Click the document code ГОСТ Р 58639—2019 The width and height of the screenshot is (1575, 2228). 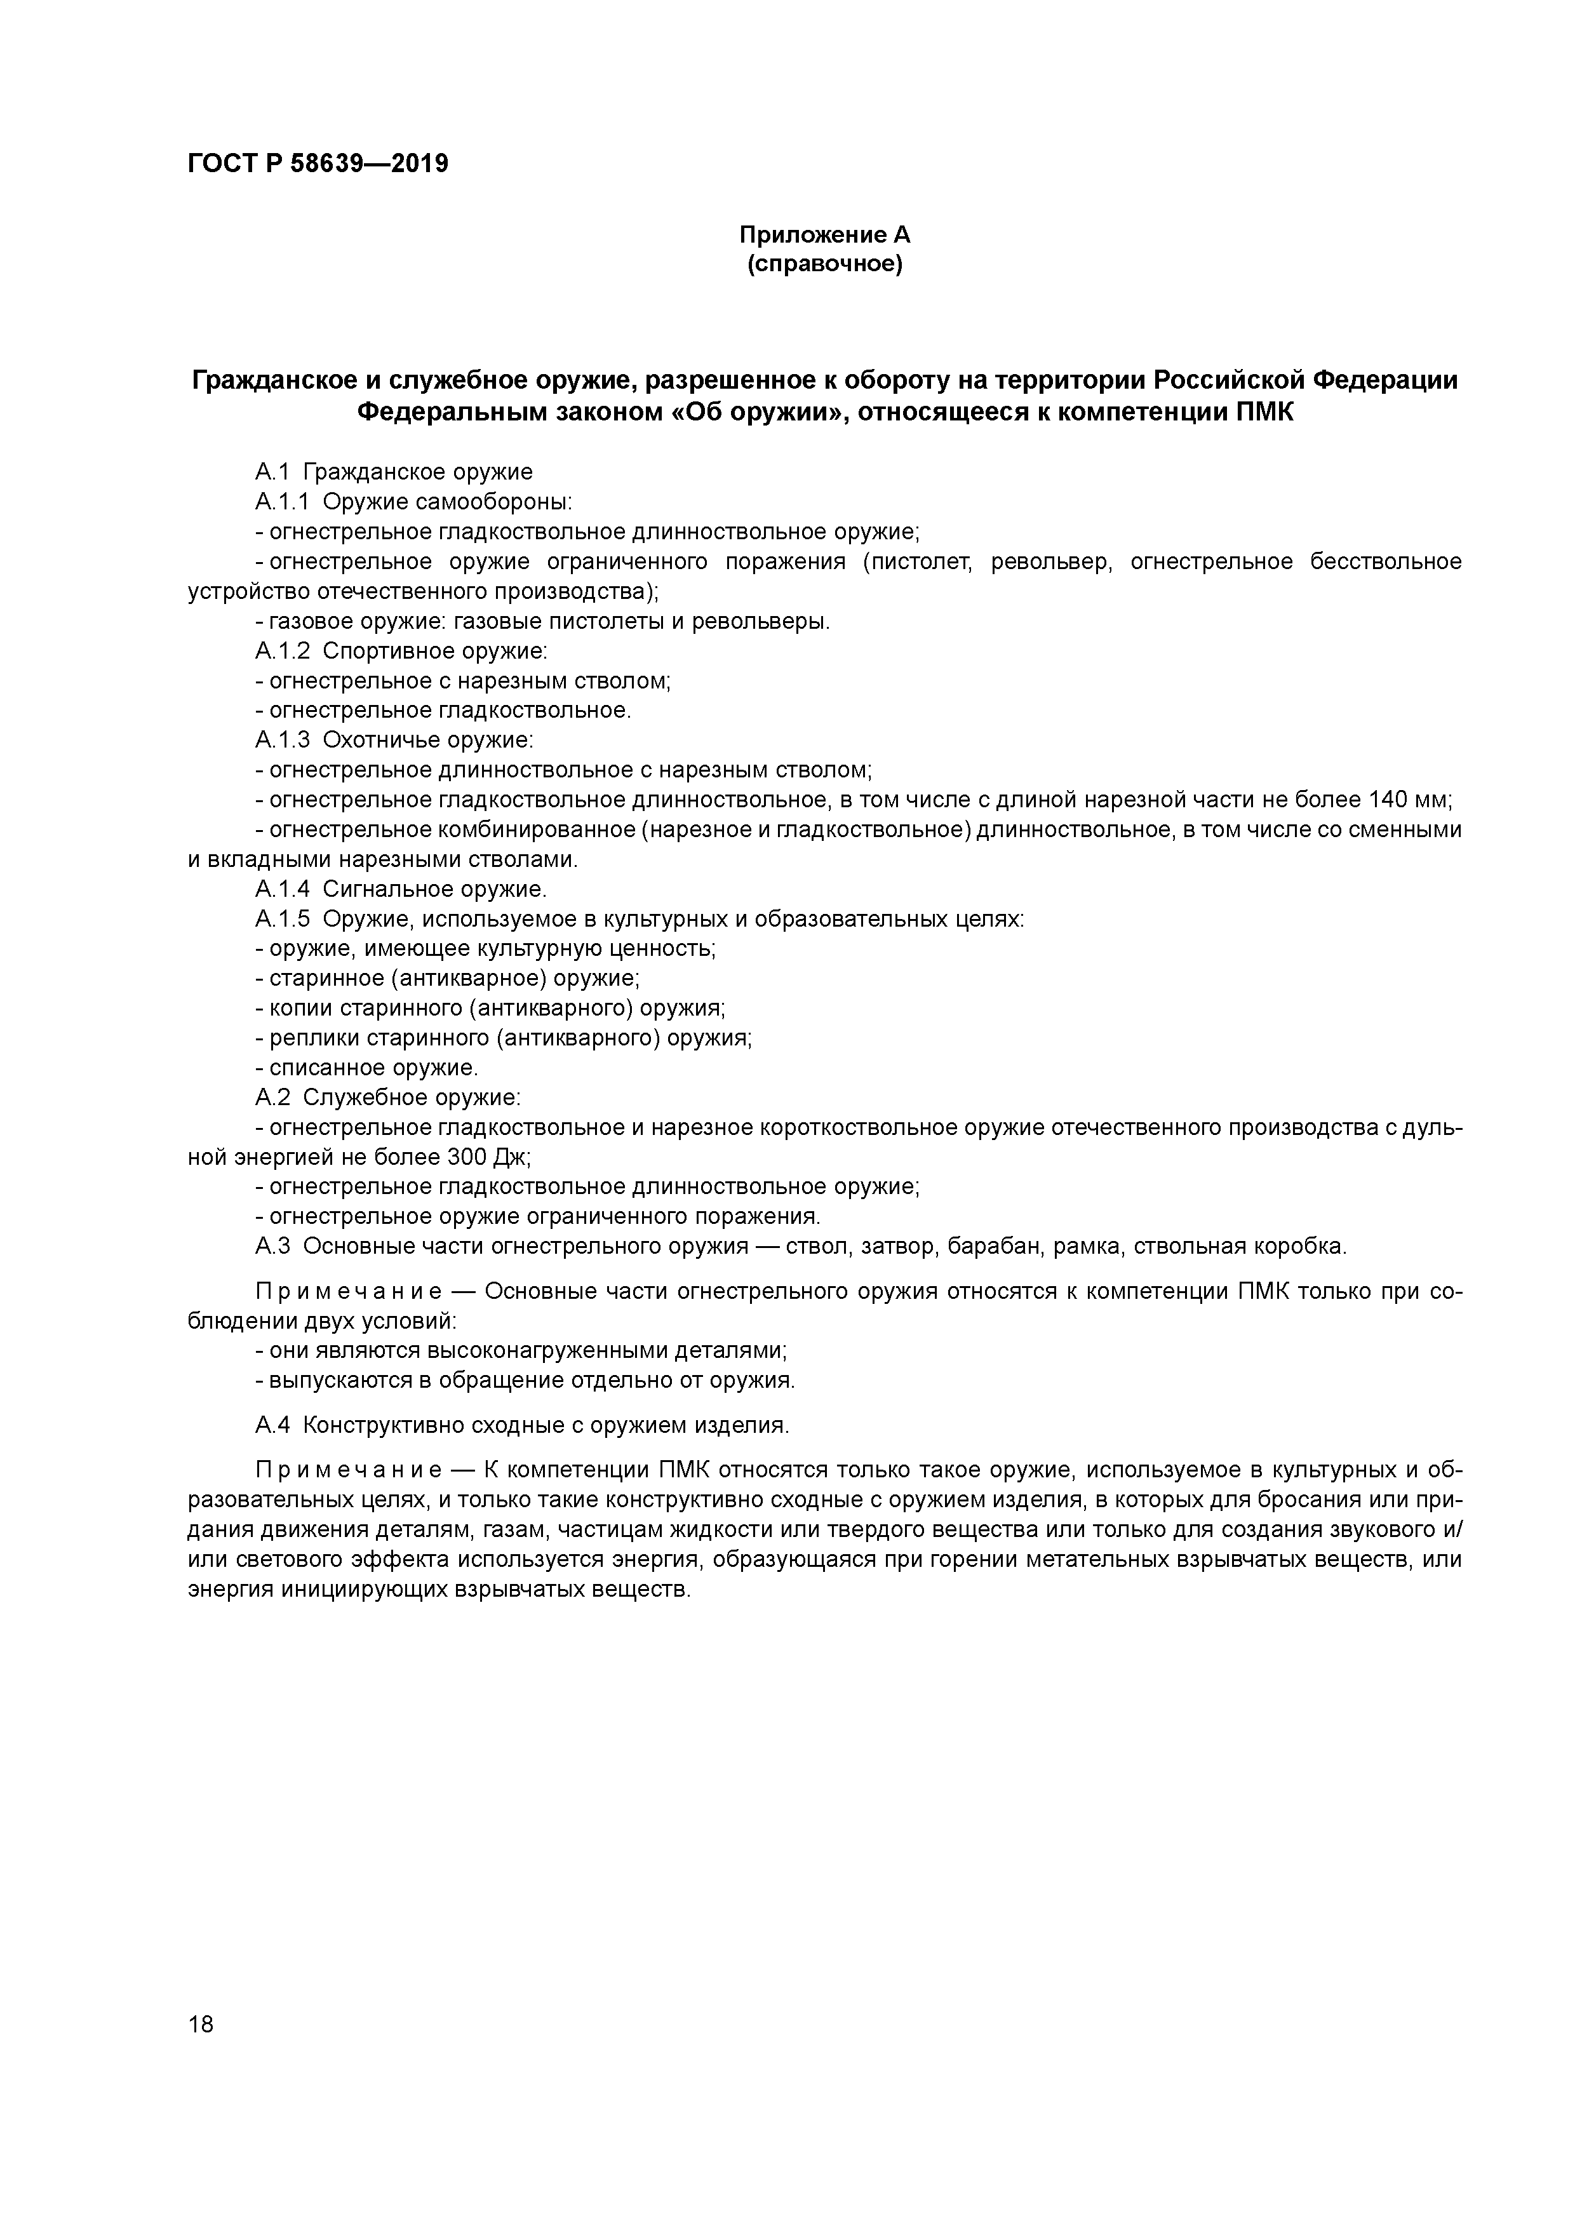click(x=318, y=164)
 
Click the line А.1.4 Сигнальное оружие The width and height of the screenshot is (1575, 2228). click(x=401, y=889)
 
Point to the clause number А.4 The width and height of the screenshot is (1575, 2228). click(x=272, y=1425)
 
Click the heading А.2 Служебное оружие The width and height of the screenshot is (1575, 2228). click(x=388, y=1097)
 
